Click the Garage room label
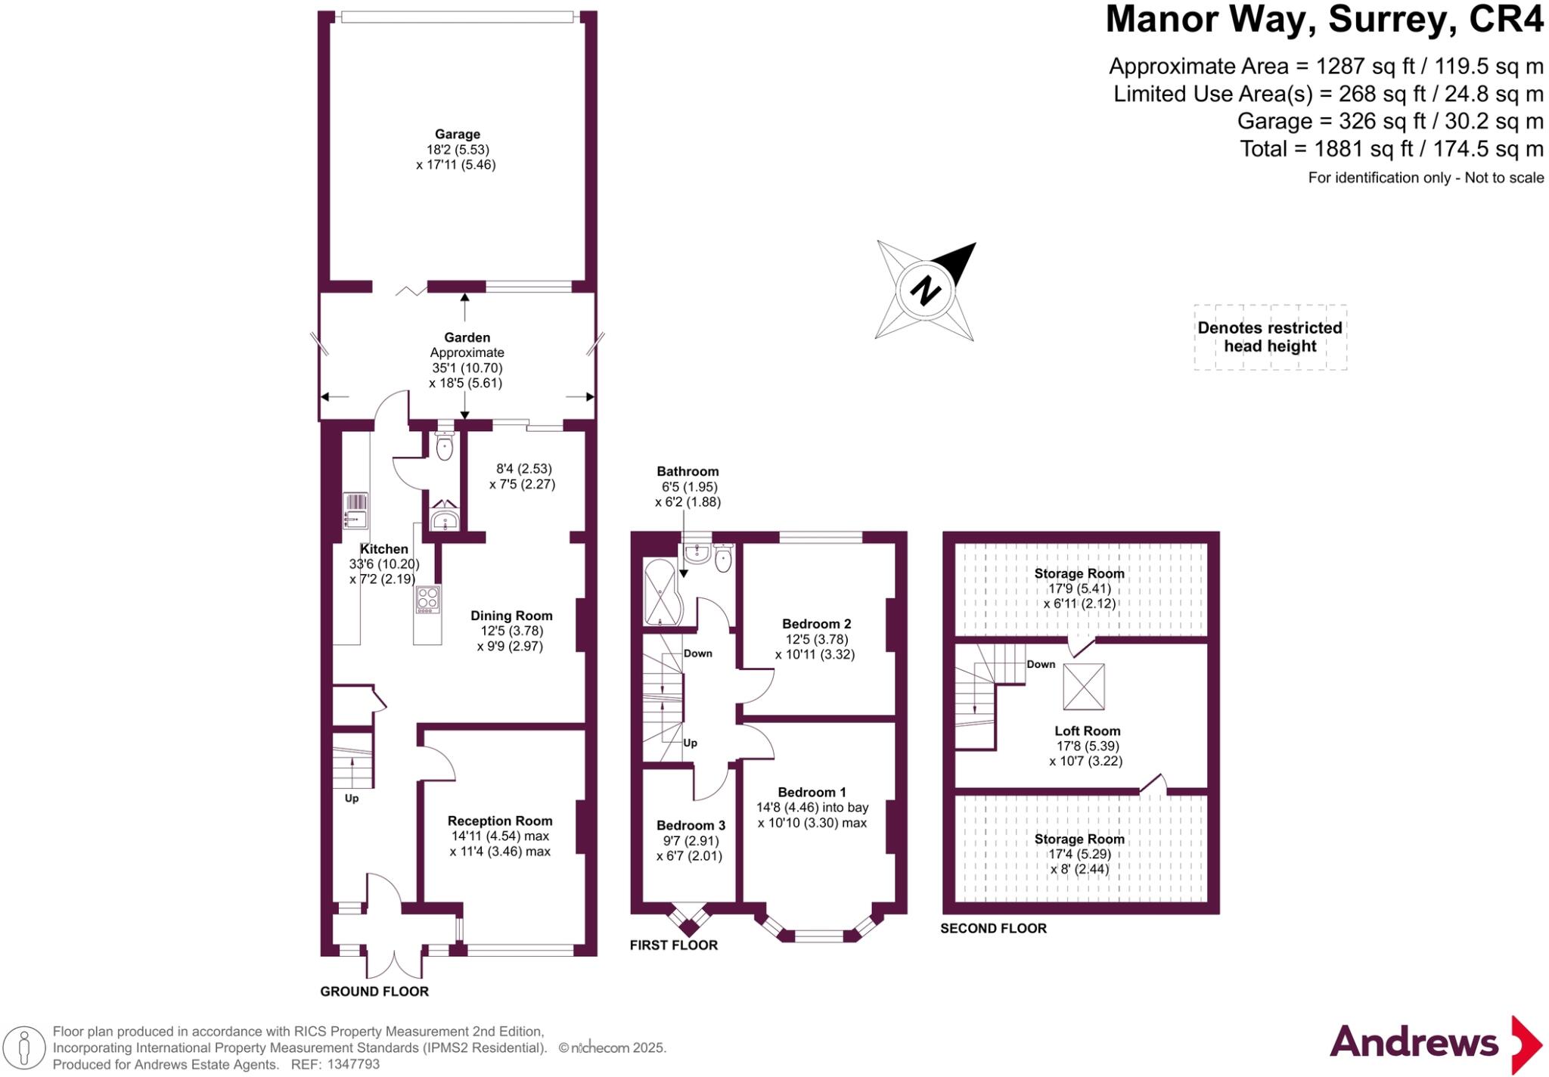click(457, 135)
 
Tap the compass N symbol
click(924, 290)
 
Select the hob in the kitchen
click(427, 599)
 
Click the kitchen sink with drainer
click(355, 511)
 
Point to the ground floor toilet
click(444, 446)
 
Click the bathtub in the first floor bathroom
click(661, 591)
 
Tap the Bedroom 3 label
click(690, 825)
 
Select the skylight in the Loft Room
click(1083, 687)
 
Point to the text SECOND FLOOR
click(993, 928)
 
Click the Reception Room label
click(499, 821)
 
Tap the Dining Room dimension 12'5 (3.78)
click(511, 631)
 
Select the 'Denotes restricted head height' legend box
click(1269, 337)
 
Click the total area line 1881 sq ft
click(1391, 149)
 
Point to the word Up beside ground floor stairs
click(352, 798)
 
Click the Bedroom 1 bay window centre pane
click(818, 936)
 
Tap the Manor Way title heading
click(1324, 20)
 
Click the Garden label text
click(467, 337)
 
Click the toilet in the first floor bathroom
click(722, 560)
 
